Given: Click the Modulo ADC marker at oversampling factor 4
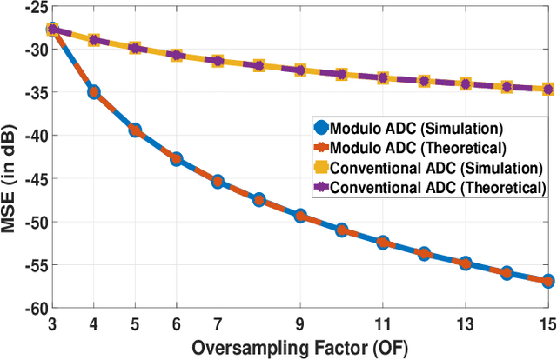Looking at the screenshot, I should click(93, 91).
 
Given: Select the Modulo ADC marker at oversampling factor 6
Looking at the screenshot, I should click(177, 159).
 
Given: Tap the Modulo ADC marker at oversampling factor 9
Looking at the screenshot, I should click(301, 216).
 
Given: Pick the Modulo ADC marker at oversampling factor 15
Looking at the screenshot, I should click(548, 281).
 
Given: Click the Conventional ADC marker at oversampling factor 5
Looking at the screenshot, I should click(135, 48).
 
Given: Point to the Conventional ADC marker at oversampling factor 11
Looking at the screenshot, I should click(383, 77).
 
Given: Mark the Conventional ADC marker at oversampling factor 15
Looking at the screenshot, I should click(548, 89).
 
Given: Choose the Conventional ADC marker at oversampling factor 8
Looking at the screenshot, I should click(259, 65).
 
